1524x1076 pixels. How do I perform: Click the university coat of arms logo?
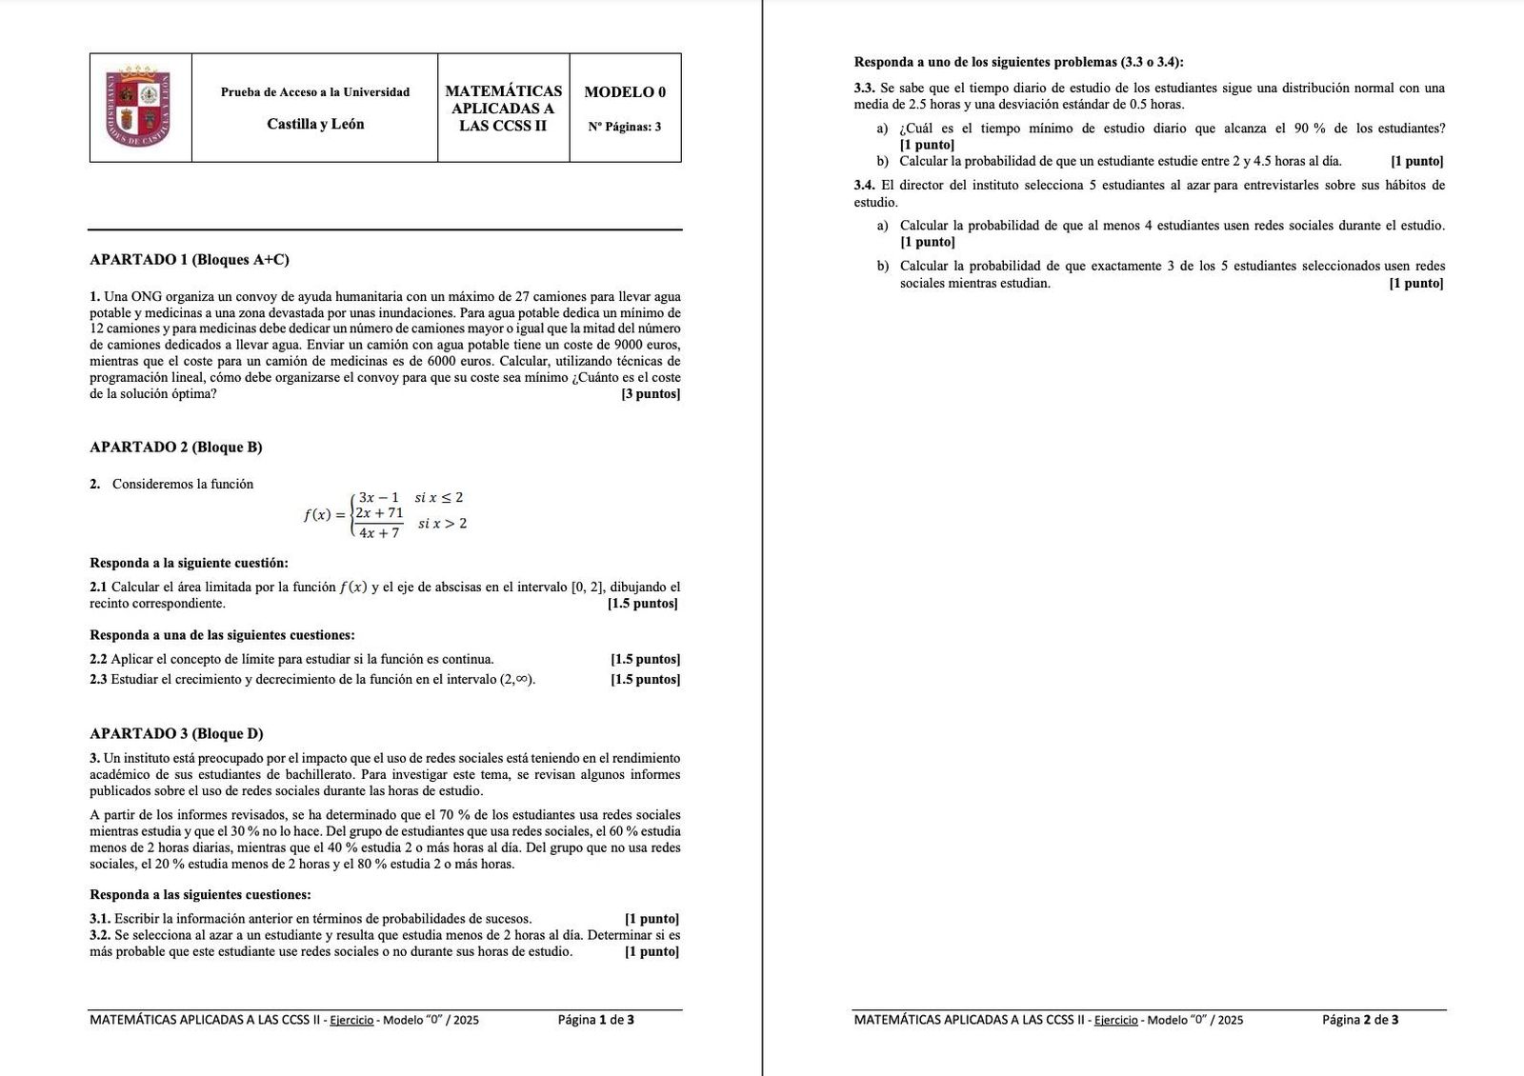[140, 107]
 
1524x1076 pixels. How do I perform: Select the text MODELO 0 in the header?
[625, 92]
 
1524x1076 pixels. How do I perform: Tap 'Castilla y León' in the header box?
[315, 124]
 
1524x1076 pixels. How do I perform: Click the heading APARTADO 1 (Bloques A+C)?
[190, 260]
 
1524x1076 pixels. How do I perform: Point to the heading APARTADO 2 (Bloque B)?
[176, 448]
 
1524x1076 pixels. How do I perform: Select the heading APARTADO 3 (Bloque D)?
[176, 734]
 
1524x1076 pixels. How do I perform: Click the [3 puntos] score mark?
[651, 394]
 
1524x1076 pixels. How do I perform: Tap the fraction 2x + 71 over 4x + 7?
[379, 523]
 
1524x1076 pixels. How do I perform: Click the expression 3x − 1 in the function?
[379, 498]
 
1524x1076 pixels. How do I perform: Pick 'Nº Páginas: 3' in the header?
[625, 127]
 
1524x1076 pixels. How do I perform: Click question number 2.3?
[98, 680]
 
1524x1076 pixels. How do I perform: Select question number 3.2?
[100, 935]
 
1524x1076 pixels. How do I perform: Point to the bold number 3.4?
[864, 186]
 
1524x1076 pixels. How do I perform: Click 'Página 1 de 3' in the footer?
[596, 1020]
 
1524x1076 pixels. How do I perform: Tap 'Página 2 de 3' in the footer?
[1360, 1020]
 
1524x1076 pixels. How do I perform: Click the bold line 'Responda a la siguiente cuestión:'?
[189, 563]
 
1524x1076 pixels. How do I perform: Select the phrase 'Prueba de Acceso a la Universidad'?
[315, 92]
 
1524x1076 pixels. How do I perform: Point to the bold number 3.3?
[864, 89]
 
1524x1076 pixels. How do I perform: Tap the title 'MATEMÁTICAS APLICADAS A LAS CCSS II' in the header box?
[503, 109]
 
